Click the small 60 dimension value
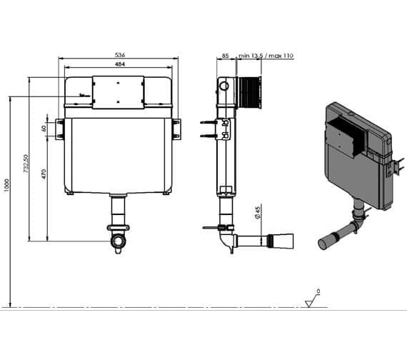pyautogui.click(x=44, y=129)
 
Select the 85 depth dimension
pyautogui.click(x=226, y=55)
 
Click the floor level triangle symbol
pyautogui.click(x=311, y=301)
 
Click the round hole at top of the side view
pyautogui.click(x=225, y=86)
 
